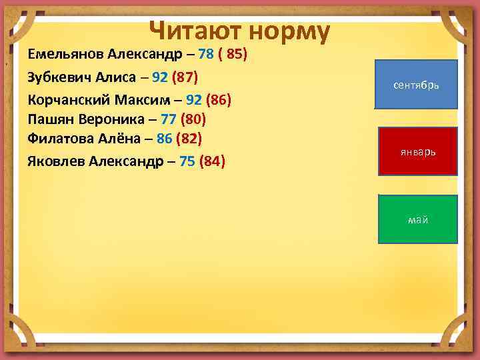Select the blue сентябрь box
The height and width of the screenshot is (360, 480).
click(417, 85)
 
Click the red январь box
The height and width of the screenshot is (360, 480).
click(418, 151)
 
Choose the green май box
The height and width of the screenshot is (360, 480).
click(418, 219)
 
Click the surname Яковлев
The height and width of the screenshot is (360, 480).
click(57, 161)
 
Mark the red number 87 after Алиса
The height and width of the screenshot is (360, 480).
click(185, 77)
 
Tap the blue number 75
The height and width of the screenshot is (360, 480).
click(187, 161)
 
